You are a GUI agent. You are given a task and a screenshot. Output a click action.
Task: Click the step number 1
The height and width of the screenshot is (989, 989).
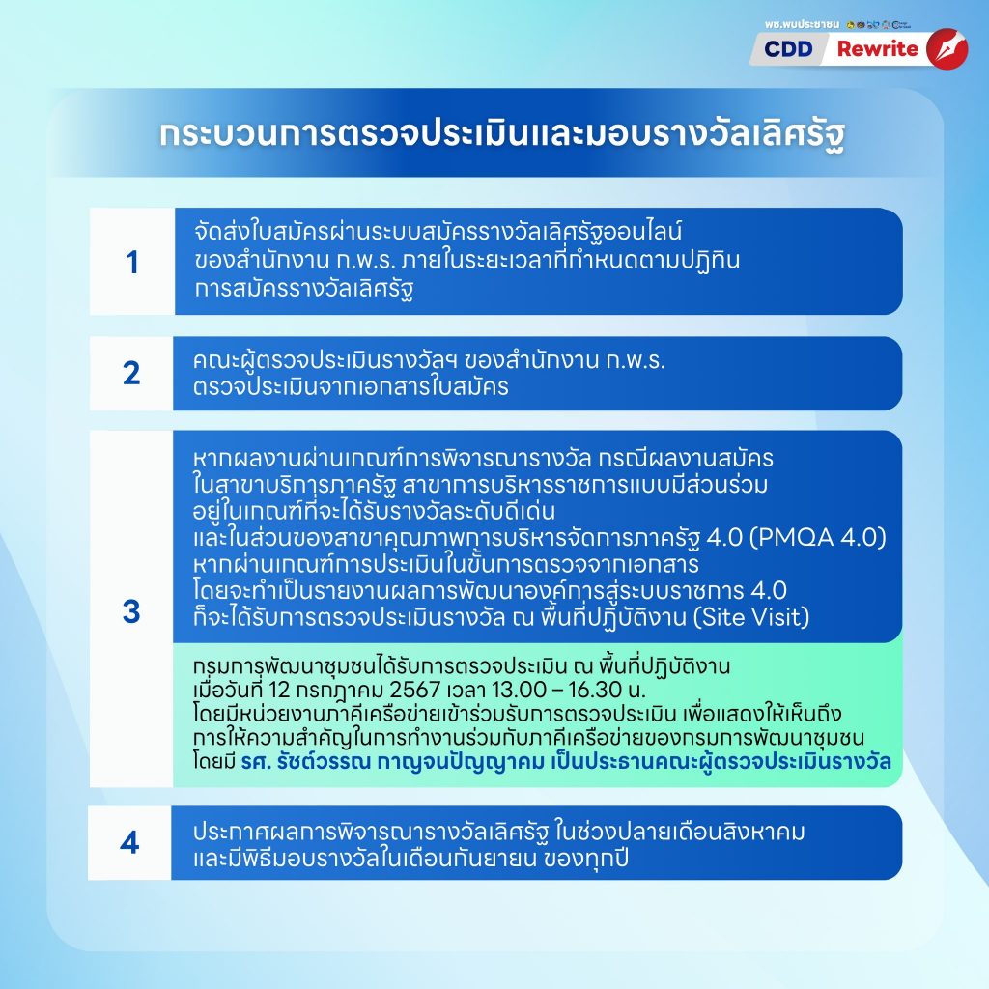tap(131, 263)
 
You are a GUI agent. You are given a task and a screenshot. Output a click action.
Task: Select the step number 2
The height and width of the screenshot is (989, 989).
tap(131, 374)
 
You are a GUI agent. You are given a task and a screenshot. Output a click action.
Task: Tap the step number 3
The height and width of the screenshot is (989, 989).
tap(131, 611)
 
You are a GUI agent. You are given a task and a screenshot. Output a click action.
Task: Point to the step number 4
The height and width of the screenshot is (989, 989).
tap(129, 842)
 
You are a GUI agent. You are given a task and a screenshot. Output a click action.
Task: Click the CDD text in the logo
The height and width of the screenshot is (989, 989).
tap(788, 49)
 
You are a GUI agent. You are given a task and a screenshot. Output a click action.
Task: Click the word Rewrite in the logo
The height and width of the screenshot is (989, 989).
tap(877, 49)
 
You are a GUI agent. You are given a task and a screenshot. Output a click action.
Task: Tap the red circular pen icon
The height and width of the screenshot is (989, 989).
tap(947, 49)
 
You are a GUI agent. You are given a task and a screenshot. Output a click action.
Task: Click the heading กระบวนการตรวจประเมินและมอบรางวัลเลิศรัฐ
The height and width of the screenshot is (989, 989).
tap(502, 134)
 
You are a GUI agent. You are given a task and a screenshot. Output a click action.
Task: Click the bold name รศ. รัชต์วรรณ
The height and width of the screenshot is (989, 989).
tap(305, 763)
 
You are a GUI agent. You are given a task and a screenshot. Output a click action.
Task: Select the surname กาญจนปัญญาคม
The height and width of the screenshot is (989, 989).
tap(461, 763)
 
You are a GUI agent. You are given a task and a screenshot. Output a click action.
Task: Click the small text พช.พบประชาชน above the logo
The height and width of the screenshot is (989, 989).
tap(802, 24)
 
